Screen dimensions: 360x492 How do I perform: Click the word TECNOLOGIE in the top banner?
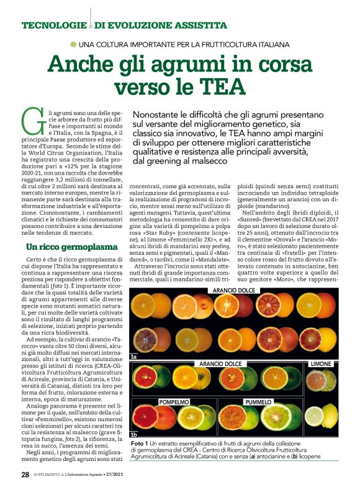(x=52, y=25)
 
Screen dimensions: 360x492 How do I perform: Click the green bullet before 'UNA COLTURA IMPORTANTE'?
(x=73, y=44)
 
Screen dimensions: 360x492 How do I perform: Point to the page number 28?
(x=25, y=475)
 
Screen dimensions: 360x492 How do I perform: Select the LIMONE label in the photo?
(x=323, y=363)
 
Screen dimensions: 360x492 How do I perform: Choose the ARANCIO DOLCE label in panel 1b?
(x=220, y=363)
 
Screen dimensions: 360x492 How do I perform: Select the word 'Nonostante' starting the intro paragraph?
(x=161, y=116)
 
